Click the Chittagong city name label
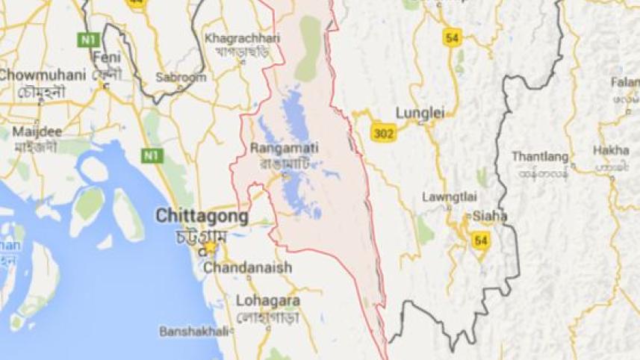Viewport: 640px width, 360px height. coord(202,216)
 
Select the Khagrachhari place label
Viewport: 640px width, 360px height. coord(242,37)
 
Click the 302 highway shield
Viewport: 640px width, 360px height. coord(383,133)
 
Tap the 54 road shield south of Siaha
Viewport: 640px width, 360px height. coord(480,240)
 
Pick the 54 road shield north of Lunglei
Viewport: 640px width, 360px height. coord(451,39)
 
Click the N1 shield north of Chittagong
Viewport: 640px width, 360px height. coord(152,155)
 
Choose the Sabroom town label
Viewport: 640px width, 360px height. coord(181,77)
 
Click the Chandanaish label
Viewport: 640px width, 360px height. coord(248,267)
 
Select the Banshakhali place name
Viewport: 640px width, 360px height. coord(190,331)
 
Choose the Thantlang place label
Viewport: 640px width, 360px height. coord(540,157)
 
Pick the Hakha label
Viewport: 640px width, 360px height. coord(611,150)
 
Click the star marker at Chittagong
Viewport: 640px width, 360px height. coord(211,246)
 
